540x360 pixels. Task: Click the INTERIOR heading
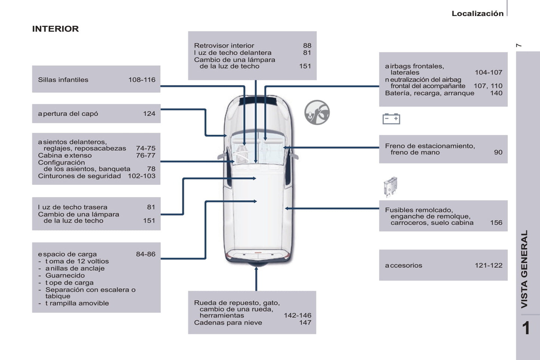click(x=55, y=29)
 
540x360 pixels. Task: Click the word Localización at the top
click(x=477, y=13)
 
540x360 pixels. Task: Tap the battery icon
click(x=391, y=119)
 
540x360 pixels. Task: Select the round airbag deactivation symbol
click(x=317, y=112)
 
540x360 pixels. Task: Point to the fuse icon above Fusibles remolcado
click(x=391, y=186)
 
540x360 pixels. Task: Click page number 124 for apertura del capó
click(x=149, y=114)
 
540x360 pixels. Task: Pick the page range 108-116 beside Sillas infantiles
click(x=142, y=80)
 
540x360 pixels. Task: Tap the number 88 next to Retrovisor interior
click(x=307, y=46)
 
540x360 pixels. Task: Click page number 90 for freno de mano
click(x=498, y=152)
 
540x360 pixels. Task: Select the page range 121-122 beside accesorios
click(x=488, y=265)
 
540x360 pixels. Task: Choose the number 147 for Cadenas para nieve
click(x=305, y=322)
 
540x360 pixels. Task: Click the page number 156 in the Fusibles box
click(x=496, y=223)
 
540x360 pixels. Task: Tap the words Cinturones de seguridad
click(x=79, y=176)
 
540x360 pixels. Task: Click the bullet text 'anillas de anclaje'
click(x=75, y=268)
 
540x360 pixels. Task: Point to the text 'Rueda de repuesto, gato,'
click(x=237, y=302)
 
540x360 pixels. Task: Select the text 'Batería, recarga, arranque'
click(x=429, y=93)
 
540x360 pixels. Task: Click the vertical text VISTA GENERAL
click(x=524, y=269)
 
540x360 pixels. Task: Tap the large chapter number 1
click(x=526, y=328)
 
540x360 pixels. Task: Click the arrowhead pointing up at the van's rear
click(x=256, y=269)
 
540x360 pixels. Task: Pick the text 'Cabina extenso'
click(x=65, y=155)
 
